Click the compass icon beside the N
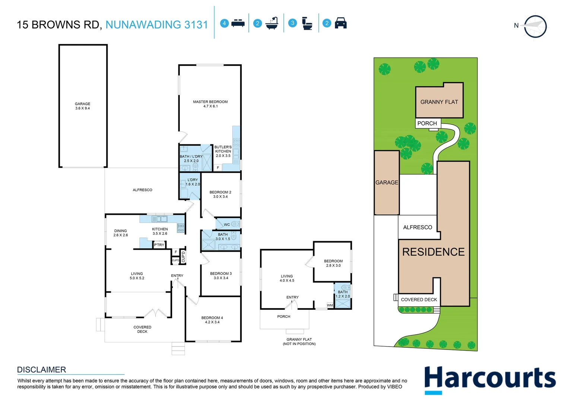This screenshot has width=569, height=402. pyautogui.click(x=535, y=26)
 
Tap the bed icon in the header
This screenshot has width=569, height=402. pyautogui.click(x=238, y=23)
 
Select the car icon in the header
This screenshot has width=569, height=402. pyautogui.click(x=341, y=23)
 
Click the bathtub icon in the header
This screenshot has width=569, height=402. pyautogui.click(x=272, y=23)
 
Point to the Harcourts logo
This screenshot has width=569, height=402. pyautogui.click(x=490, y=379)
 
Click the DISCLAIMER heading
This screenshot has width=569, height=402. pyautogui.click(x=41, y=370)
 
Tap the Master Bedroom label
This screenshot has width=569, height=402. pyautogui.click(x=210, y=104)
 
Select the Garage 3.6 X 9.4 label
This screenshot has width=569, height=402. pyautogui.click(x=82, y=106)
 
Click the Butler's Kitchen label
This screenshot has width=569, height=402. pyautogui.click(x=223, y=151)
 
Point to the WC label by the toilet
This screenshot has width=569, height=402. pyautogui.click(x=227, y=224)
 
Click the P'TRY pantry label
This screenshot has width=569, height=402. pyautogui.click(x=159, y=245)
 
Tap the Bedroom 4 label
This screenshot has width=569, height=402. pyautogui.click(x=212, y=320)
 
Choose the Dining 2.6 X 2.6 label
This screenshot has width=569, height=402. pyautogui.click(x=120, y=233)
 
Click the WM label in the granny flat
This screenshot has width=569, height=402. pyautogui.click(x=330, y=305)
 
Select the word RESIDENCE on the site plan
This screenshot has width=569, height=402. pyautogui.click(x=433, y=252)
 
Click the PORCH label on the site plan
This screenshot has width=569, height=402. pyautogui.click(x=427, y=123)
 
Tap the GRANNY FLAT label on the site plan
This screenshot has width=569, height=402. pyautogui.click(x=439, y=102)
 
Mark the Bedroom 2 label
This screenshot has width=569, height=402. pyautogui.click(x=220, y=194)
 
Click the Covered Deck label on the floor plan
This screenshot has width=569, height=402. pyautogui.click(x=142, y=329)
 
